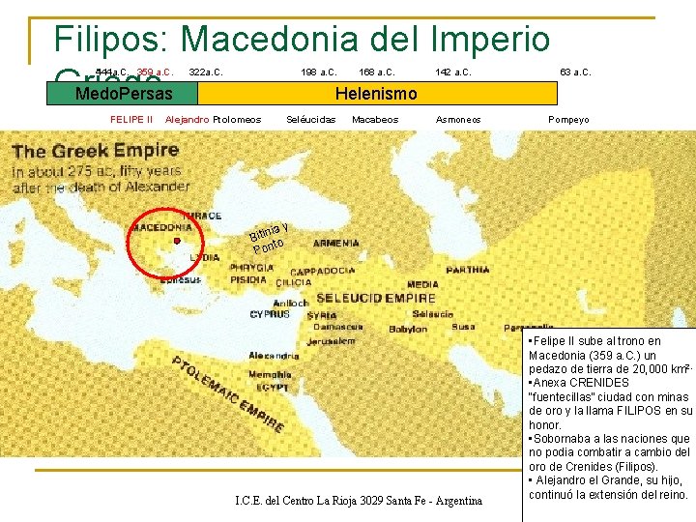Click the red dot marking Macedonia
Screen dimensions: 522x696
click(177, 241)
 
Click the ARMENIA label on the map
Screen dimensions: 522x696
click(336, 244)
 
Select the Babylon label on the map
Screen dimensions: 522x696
click(407, 329)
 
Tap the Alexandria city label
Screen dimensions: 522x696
click(274, 356)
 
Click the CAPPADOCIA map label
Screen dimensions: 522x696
click(325, 272)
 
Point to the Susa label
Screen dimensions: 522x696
click(463, 327)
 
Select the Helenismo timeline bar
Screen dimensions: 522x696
click(376, 94)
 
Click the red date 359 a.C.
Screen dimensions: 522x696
click(155, 72)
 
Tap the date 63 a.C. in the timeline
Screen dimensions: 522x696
click(575, 72)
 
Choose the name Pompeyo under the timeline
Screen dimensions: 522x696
click(568, 120)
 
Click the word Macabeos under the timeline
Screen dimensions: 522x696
click(375, 120)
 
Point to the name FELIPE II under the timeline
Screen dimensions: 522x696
click(132, 120)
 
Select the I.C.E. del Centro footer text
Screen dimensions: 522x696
click(359, 501)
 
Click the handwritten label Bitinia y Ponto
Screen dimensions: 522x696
click(268, 237)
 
